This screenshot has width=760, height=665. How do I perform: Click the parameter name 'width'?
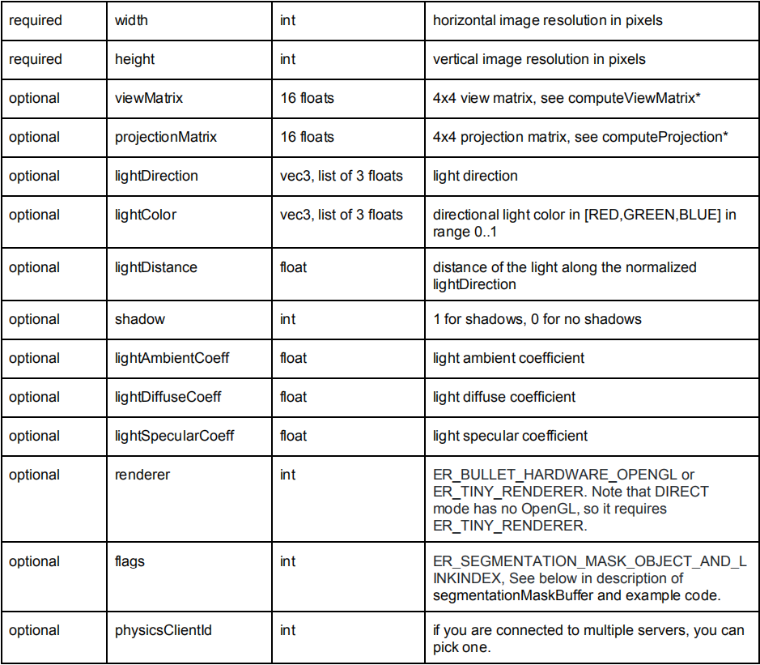(131, 20)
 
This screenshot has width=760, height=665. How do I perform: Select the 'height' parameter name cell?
(134, 59)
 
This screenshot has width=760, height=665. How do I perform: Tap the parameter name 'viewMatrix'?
(149, 98)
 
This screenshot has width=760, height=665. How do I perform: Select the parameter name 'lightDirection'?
(156, 176)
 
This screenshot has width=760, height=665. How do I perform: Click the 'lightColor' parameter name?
(146, 215)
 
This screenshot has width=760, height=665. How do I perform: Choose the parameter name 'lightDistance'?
(155, 267)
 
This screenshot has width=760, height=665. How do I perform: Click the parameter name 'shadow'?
(139, 319)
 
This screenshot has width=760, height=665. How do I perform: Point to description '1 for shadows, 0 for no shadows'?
(537, 319)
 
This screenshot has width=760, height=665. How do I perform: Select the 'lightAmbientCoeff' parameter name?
(172, 358)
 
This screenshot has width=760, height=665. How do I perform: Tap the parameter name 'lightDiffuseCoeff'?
(168, 397)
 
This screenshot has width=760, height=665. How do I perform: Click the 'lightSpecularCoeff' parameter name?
(174, 436)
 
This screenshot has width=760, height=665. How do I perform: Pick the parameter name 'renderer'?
(142, 475)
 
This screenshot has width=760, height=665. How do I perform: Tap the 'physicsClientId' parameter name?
(163, 630)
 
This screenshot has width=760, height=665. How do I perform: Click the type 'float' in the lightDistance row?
(294, 267)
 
